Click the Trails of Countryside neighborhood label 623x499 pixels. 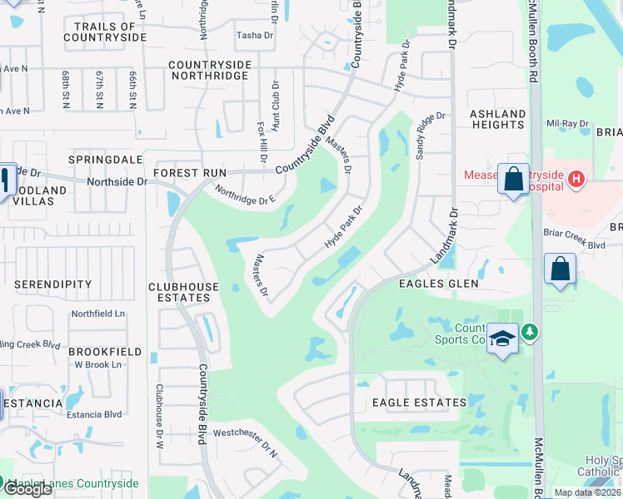coord(104,32)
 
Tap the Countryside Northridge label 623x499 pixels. coord(208,70)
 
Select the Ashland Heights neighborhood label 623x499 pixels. coord(497,119)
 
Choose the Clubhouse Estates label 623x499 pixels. coord(184,292)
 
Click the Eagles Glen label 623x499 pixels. coord(439,284)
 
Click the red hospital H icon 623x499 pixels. coord(576,180)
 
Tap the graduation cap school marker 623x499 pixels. coord(502,338)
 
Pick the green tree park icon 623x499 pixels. coord(528,333)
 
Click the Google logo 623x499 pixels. coord(27,489)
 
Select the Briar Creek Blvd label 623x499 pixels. coord(575,245)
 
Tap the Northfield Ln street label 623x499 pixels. coord(97,314)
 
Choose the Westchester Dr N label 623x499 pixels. coord(245,432)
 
